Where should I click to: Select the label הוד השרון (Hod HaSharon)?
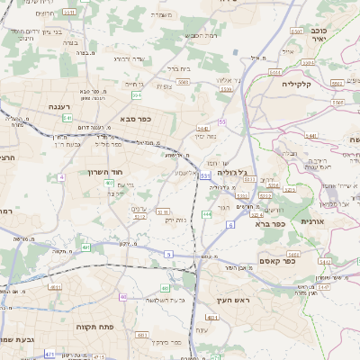pos(104,172)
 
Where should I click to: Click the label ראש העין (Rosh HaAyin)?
pos(236,300)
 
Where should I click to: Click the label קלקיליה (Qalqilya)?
pos(296,84)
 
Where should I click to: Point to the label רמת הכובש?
pos(199,35)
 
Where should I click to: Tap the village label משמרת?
pos(163,15)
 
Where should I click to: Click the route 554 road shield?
pos(137,95)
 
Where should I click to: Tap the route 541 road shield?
pos(67,118)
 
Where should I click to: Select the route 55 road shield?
pos(222,121)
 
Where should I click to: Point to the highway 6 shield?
pos(230,224)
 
